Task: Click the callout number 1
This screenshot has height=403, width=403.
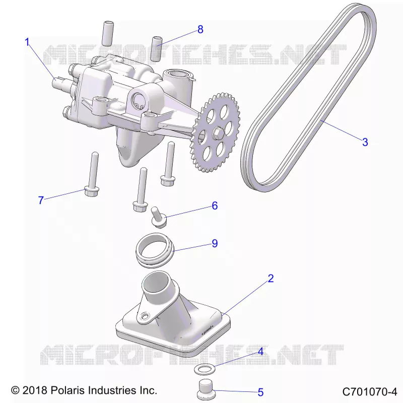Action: [28, 42]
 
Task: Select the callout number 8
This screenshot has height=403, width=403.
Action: [200, 29]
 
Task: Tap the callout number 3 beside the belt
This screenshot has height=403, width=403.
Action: [365, 142]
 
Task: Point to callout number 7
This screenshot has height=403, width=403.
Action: [41, 200]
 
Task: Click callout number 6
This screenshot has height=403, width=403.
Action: [215, 206]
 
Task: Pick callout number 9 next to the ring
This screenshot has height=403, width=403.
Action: [215, 243]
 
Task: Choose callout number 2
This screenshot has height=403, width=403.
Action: [271, 279]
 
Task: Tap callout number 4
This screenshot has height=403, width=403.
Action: [260, 352]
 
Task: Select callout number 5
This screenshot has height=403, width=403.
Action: [260, 392]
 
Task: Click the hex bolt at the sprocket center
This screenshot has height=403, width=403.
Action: [217, 132]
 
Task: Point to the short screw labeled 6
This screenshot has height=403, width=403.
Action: [158, 217]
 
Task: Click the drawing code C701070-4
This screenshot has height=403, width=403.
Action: [370, 392]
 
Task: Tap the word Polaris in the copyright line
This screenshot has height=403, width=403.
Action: [68, 390]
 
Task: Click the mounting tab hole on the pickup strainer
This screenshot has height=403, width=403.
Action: [146, 315]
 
